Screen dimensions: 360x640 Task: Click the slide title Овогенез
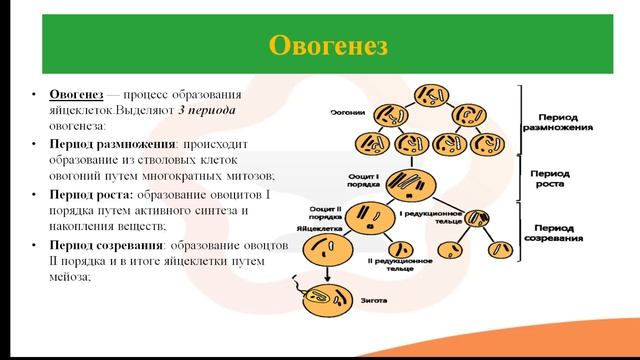319,46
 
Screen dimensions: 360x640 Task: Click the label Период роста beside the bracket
549,178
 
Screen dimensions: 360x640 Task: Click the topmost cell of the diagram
433,96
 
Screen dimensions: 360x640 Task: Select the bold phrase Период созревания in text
107,245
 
